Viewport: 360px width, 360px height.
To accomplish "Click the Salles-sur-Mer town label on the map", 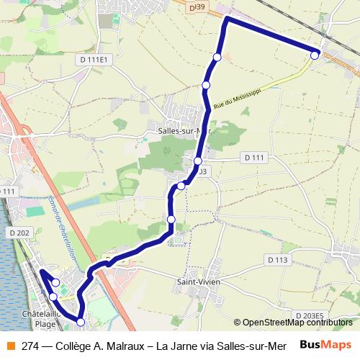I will point(182,131).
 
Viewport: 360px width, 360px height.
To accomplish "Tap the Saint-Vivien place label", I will point(199,282).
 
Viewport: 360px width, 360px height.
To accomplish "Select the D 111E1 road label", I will point(94,59).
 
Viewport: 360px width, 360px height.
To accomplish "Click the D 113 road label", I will point(277,259).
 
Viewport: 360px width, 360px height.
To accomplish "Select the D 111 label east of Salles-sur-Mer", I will point(255,157).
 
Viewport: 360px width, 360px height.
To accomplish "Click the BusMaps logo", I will point(325,345).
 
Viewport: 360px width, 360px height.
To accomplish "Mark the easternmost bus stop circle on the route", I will point(315,54).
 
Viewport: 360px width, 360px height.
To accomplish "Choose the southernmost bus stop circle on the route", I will point(81,322).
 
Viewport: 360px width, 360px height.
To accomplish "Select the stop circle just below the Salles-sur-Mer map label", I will point(198,161).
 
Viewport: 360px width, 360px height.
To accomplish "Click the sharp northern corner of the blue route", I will point(227,18).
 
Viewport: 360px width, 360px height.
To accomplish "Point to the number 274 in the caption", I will point(31,346).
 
